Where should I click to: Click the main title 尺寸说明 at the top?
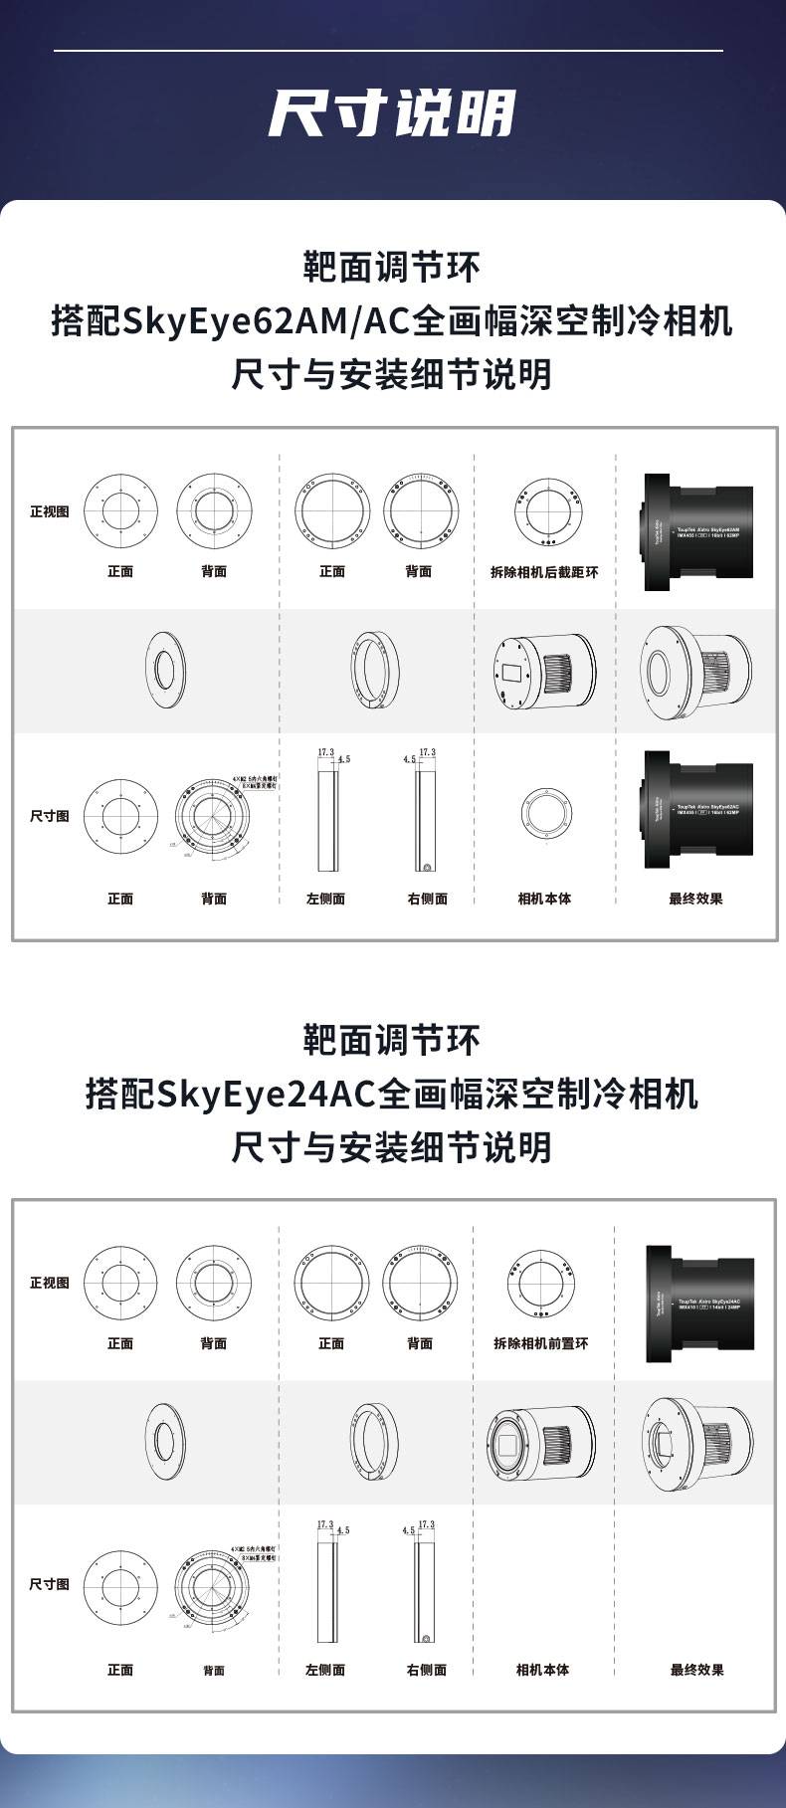pos(392,112)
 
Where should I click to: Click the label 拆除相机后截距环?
pos(544,572)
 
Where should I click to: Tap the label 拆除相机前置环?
pos(541,1343)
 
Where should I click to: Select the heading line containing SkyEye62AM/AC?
pos(392,321)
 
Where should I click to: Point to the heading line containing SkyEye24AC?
pos(392,1094)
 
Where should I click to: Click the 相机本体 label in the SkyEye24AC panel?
pos(542,1670)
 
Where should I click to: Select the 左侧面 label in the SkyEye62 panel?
pos(325,899)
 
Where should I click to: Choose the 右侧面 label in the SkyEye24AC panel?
pos(427,1670)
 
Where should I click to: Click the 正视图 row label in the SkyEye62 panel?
pos(50,511)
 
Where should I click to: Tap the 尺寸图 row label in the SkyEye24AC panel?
pos(50,1583)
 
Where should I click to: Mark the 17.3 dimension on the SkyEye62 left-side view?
pos(325,752)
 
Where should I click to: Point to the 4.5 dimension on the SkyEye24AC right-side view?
pos(408,1530)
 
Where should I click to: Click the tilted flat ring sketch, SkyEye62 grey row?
pos(167,669)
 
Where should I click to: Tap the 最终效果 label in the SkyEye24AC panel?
pos(696,1670)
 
